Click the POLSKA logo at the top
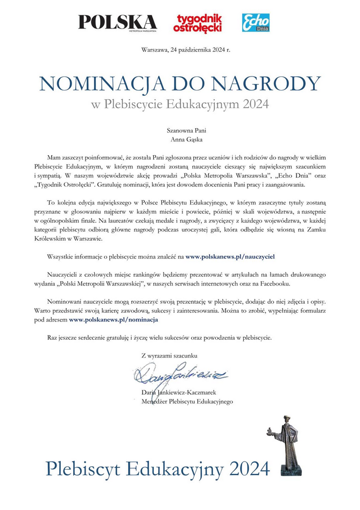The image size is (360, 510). tap(117, 22)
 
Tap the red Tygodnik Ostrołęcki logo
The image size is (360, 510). tap(197, 22)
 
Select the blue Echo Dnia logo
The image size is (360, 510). tap(256, 22)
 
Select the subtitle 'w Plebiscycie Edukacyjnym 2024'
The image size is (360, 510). tap(180, 103)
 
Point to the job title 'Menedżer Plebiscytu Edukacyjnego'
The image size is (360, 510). tap(187, 401)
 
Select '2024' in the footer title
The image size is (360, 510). tap(249, 467)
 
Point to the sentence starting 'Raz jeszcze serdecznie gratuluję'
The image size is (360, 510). tap(159, 338)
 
